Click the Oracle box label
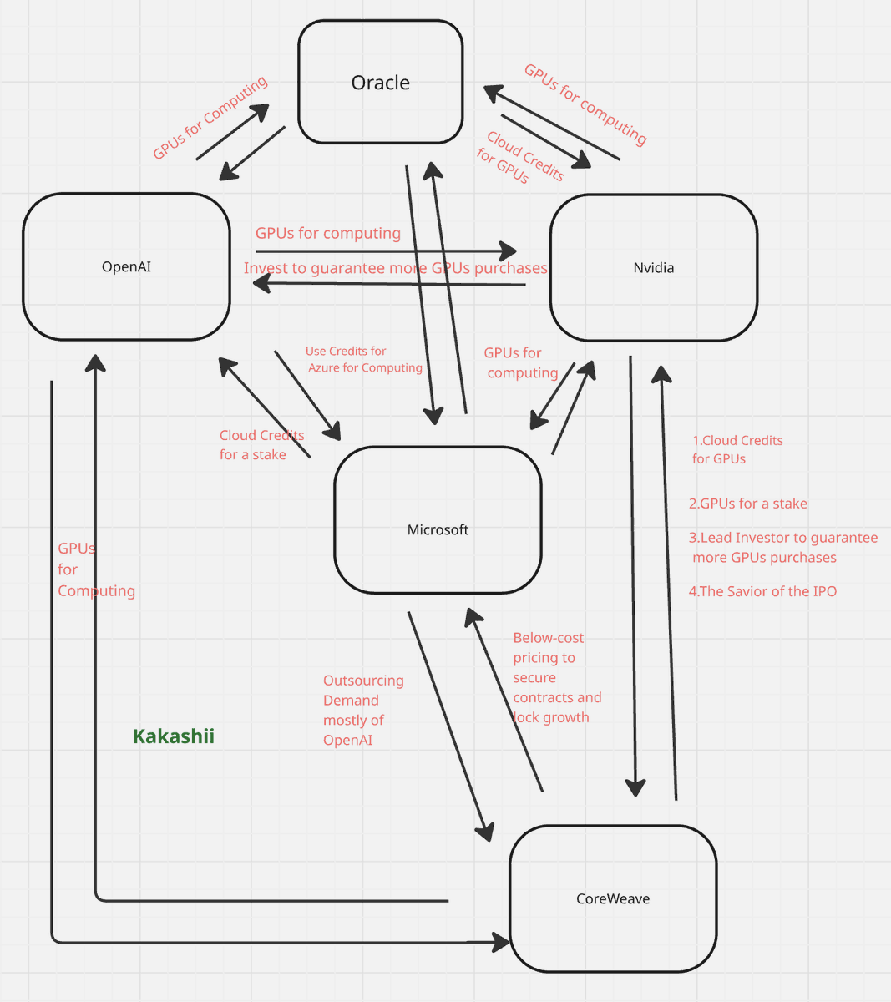[x=380, y=83]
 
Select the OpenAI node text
[x=126, y=267]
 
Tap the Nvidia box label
[x=653, y=268]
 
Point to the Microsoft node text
[x=438, y=529]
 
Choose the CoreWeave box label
[x=613, y=899]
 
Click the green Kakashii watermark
[x=174, y=736]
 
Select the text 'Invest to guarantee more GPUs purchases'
[x=395, y=268]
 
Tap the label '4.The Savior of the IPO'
[x=762, y=591]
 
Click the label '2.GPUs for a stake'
[x=747, y=504]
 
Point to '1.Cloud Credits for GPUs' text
[x=737, y=449]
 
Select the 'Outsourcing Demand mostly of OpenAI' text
[x=362, y=710]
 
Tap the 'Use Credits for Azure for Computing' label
[x=363, y=359]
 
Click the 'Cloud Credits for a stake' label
[x=261, y=444]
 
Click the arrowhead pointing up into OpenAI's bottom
[x=96, y=362]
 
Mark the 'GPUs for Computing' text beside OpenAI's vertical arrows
[x=95, y=569]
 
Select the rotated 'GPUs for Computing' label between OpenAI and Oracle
[x=210, y=117]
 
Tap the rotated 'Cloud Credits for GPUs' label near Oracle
[x=519, y=158]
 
